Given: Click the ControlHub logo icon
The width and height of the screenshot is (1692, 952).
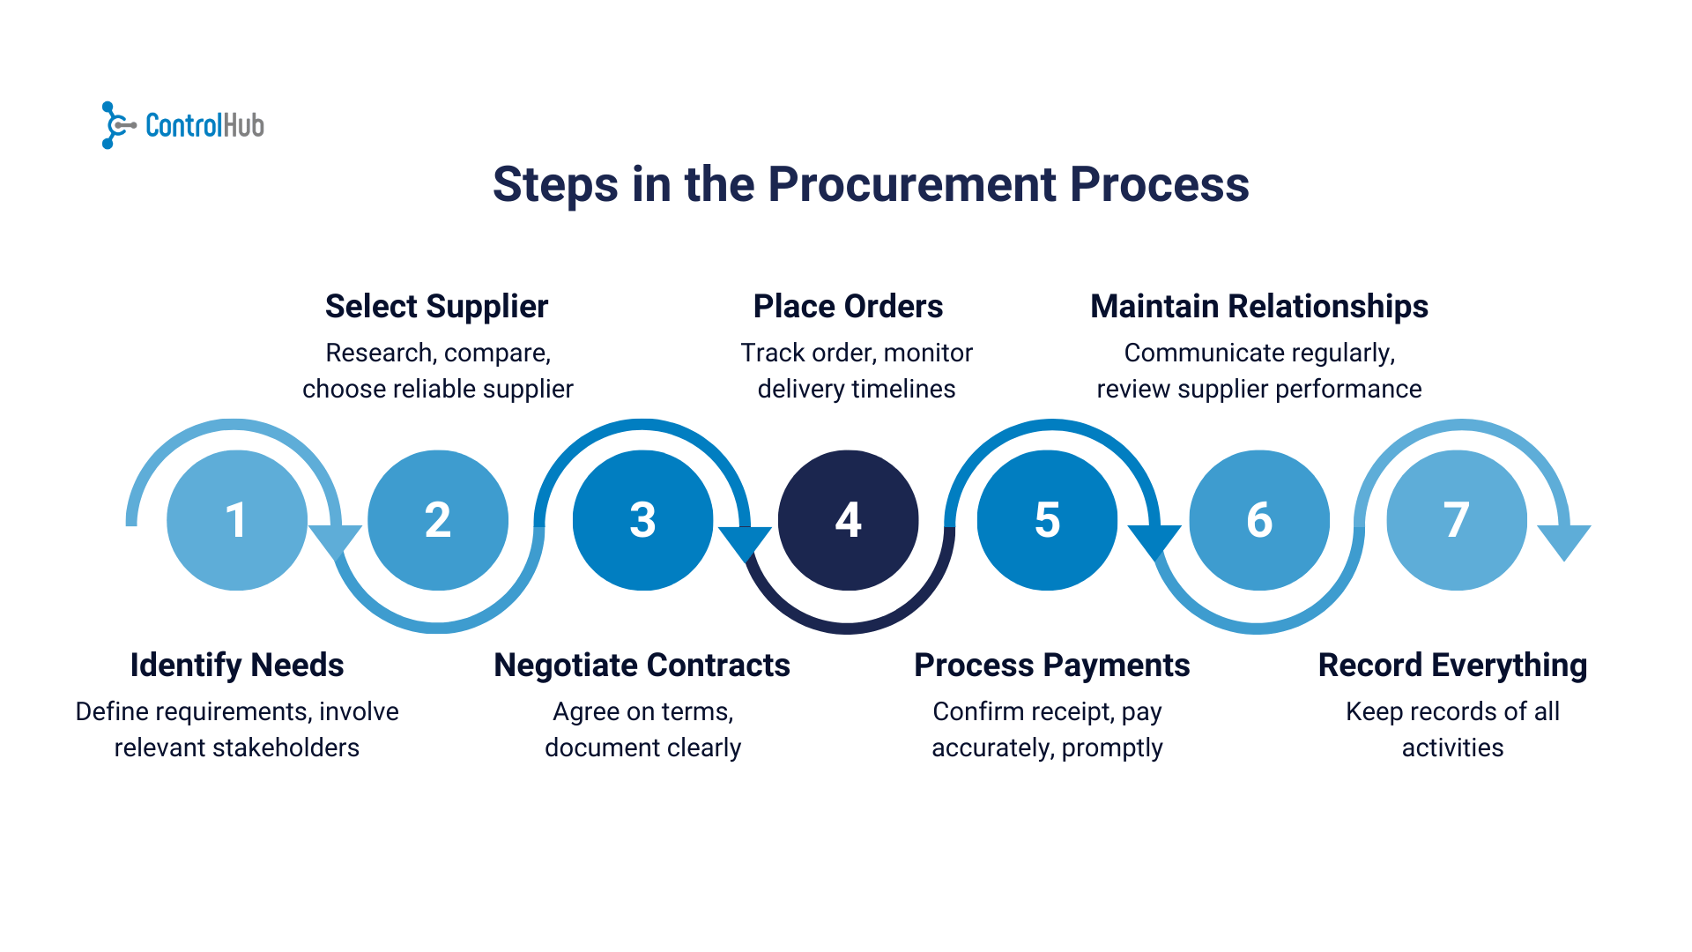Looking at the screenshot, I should tap(115, 125).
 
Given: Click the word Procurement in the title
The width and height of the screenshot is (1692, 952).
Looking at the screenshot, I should tap(912, 184).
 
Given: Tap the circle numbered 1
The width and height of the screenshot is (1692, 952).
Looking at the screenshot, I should tap(236, 520).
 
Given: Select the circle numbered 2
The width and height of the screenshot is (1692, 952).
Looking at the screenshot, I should tap(438, 520).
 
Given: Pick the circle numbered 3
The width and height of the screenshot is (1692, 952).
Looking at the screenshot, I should tap(642, 520).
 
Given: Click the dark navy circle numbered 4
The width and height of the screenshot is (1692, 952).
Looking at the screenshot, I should tap(848, 520).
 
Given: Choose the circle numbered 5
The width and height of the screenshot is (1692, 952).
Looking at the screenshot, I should tap(1047, 520).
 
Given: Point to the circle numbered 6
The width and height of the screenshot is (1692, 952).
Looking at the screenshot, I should tap(1259, 520).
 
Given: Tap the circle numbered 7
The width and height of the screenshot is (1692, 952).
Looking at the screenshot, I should tap(1456, 520).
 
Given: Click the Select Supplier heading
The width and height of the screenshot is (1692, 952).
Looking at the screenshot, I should tap(436, 307).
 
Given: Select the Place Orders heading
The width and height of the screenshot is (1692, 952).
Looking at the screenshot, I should tap(848, 307).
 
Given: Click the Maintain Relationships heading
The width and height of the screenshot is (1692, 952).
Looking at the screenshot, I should tap(1258, 307).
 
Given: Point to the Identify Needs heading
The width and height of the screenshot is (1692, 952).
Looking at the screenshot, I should tap(236, 666).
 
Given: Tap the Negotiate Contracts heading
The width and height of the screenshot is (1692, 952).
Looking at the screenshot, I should tap(642, 666).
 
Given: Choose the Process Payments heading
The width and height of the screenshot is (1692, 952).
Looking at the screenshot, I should tap(1051, 666).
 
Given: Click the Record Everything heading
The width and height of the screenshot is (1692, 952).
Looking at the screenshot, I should tap(1452, 666).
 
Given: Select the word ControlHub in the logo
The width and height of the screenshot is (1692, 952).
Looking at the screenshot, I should tap(204, 126).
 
